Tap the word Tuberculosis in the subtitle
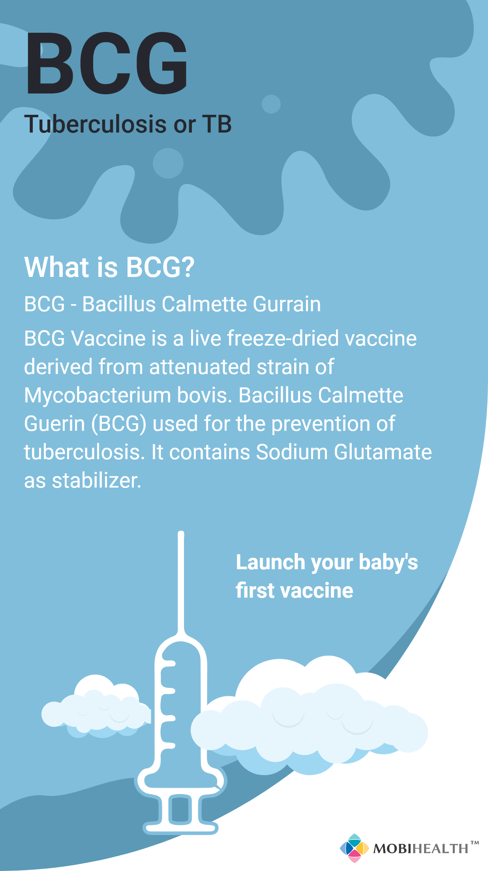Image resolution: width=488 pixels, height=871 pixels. pyautogui.click(x=96, y=124)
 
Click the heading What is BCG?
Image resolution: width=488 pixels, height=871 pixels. pyautogui.click(x=110, y=267)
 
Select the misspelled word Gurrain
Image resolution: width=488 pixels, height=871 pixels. pyautogui.click(x=287, y=304)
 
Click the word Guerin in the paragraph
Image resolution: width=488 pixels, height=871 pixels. pyautogui.click(x=55, y=424)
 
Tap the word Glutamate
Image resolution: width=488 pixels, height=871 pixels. pyautogui.click(x=383, y=452)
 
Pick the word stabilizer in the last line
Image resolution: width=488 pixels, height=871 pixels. pyautogui.click(x=97, y=480)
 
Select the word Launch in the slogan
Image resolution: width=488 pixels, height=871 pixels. pyautogui.click(x=270, y=562)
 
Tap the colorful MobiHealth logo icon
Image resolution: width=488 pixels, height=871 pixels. pyautogui.click(x=354, y=848)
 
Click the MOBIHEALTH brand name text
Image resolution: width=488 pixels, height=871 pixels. pyautogui.click(x=421, y=849)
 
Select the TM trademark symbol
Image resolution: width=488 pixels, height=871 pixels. pyautogui.click(x=475, y=843)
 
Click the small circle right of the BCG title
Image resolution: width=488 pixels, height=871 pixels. pyautogui.click(x=271, y=104)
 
